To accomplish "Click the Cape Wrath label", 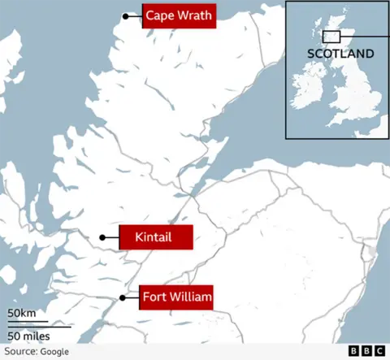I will pyautogui.click(x=179, y=16).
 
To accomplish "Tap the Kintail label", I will pyautogui.click(x=155, y=237).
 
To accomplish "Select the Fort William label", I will pyautogui.click(x=177, y=298).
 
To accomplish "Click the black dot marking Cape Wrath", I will pyautogui.click(x=126, y=16).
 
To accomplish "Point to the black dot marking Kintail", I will pyautogui.click(x=102, y=237).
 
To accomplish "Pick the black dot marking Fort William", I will pyautogui.click(x=123, y=298).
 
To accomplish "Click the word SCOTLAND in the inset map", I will pyautogui.click(x=340, y=54).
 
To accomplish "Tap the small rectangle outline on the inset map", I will pyautogui.click(x=331, y=37).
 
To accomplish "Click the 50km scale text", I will pyautogui.click(x=22, y=313).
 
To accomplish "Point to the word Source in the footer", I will pyautogui.click(x=18, y=351).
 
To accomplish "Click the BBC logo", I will pyautogui.click(x=366, y=350).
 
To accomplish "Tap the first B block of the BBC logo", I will pyautogui.click(x=354, y=350).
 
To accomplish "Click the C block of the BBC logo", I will pyautogui.click(x=379, y=350).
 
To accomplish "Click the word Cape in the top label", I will pyautogui.click(x=160, y=16).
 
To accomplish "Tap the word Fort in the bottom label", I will pyautogui.click(x=154, y=298).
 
